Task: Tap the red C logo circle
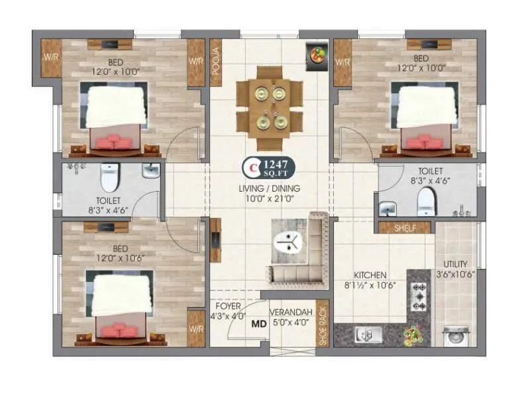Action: click(252, 167)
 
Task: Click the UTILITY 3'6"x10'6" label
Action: click(455, 269)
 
